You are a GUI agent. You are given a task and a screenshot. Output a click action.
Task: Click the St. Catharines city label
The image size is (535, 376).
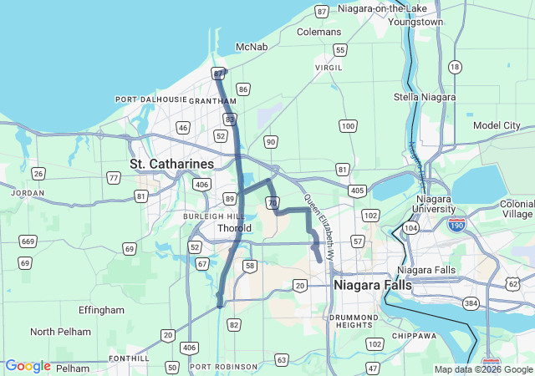pos(171,163)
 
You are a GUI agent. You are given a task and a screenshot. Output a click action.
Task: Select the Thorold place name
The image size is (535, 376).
pos(234,228)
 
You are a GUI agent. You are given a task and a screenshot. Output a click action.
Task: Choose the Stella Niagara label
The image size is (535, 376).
pos(425,97)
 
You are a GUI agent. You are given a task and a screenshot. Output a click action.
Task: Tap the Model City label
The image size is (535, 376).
pos(497,125)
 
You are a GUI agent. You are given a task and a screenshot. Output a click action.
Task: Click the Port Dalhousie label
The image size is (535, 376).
pos(151,99)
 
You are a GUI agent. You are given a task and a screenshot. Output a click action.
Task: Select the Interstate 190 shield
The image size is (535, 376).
pos(456,225)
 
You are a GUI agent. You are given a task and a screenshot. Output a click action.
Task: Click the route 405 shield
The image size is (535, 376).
pos(358,191)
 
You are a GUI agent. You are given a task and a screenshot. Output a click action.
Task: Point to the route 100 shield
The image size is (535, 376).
pos(349,125)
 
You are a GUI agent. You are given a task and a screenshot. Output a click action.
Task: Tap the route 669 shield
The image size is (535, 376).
pos(28,241)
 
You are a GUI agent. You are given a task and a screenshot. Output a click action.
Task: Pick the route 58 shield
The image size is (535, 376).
pos(249,266)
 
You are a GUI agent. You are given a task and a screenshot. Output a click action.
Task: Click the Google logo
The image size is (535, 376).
pos(28,366)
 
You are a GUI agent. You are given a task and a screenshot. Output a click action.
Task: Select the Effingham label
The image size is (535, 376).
pos(101,310)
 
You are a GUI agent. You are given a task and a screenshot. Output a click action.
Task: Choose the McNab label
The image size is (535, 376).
pos(252,47)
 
